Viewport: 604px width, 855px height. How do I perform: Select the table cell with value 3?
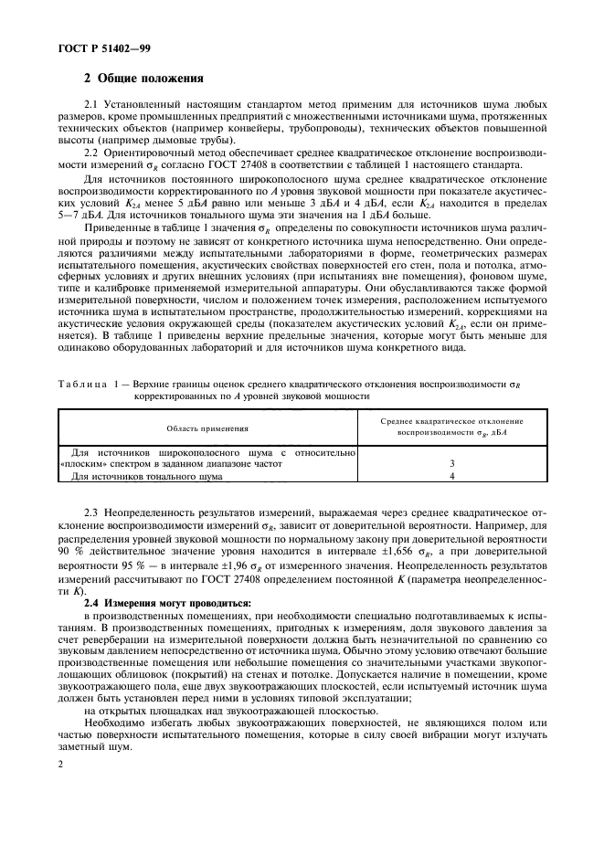[451, 463]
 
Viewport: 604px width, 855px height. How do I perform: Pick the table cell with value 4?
[451, 476]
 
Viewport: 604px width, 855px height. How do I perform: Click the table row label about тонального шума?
[146, 476]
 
